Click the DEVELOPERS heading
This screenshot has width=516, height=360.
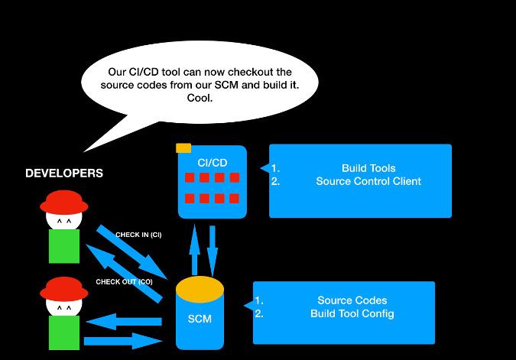pyautogui.click(x=64, y=174)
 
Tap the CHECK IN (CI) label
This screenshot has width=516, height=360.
pyautogui.click(x=138, y=235)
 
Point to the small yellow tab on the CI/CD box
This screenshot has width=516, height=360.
pyautogui.click(x=183, y=148)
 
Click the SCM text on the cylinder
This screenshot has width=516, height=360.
pyautogui.click(x=200, y=319)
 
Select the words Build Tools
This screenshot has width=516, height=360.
pyautogui.click(x=368, y=168)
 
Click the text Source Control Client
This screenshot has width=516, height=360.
pyautogui.click(x=368, y=182)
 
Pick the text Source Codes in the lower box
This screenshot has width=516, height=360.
pyautogui.click(x=352, y=300)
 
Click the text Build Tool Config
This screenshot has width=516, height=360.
pyautogui.click(x=352, y=314)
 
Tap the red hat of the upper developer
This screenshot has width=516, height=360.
pyautogui.click(x=64, y=203)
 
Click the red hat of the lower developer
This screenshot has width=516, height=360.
pyautogui.click(x=64, y=289)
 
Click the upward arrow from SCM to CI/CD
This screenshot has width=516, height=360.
pyautogui.click(x=195, y=248)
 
